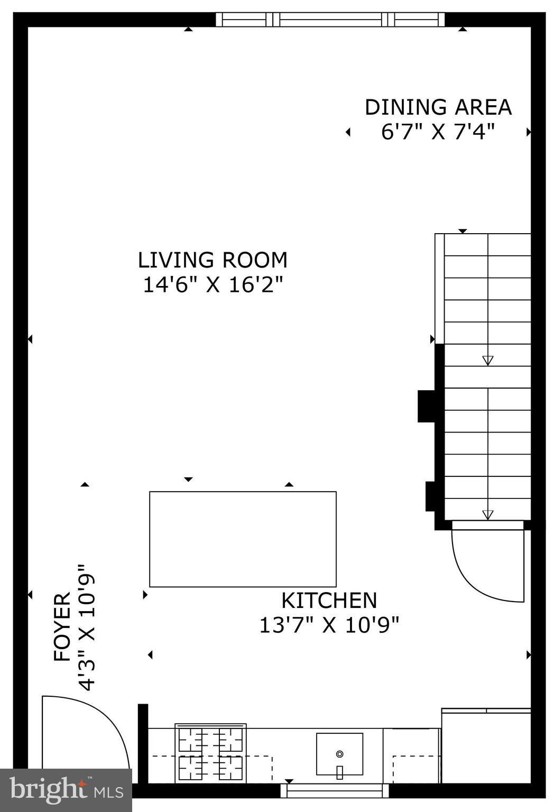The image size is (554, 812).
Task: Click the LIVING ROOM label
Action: [x=213, y=260]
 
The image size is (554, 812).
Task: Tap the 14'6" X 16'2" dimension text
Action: [x=213, y=285]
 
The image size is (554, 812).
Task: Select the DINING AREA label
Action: [x=438, y=107]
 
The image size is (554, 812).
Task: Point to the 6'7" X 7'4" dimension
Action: [x=438, y=132]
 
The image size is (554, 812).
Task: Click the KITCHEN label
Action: [x=329, y=601]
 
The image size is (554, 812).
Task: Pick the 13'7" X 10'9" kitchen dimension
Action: [x=329, y=625]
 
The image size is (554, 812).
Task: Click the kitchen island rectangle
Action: [x=243, y=539]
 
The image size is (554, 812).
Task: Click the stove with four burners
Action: [x=210, y=753]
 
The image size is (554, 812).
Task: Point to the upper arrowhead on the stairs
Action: [x=487, y=361]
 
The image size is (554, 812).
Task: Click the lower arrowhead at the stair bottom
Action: [x=487, y=514]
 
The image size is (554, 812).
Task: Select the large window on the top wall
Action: [x=331, y=20]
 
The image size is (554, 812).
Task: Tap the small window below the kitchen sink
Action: [x=334, y=791]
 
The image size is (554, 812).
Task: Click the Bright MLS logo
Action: [x=66, y=790]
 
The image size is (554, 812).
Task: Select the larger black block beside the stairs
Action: [x=426, y=406]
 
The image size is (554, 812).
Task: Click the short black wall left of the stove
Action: [x=143, y=743]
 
